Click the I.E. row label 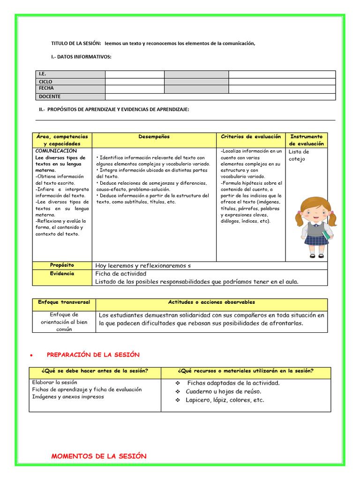point(43,74)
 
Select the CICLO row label point(45,82)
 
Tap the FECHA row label point(46,88)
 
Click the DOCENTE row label point(49,97)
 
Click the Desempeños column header point(154,137)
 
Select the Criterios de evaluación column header point(251,137)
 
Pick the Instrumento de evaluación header point(306,140)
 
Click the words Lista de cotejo point(299,155)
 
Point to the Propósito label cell point(62,265)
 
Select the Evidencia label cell point(62,273)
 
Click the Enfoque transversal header point(64,302)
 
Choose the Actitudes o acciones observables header point(211,302)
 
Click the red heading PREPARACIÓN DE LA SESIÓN point(93,355)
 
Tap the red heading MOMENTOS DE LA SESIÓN point(98,456)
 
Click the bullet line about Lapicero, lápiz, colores point(225,400)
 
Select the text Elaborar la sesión point(54,382)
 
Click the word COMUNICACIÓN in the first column point(56,151)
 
